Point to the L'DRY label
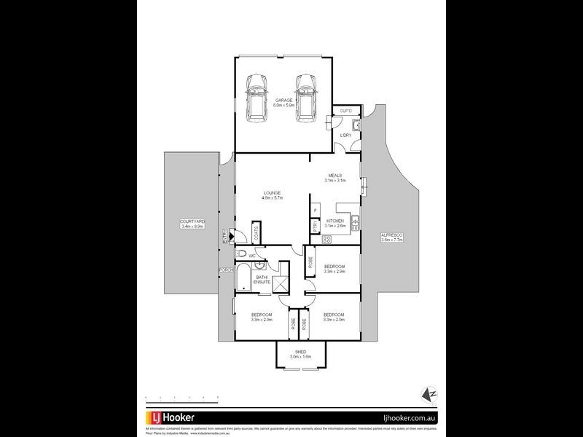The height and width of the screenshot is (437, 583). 346,135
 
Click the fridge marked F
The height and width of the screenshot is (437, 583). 315,211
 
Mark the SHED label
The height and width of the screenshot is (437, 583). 300,354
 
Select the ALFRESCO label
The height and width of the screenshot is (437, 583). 391,235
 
